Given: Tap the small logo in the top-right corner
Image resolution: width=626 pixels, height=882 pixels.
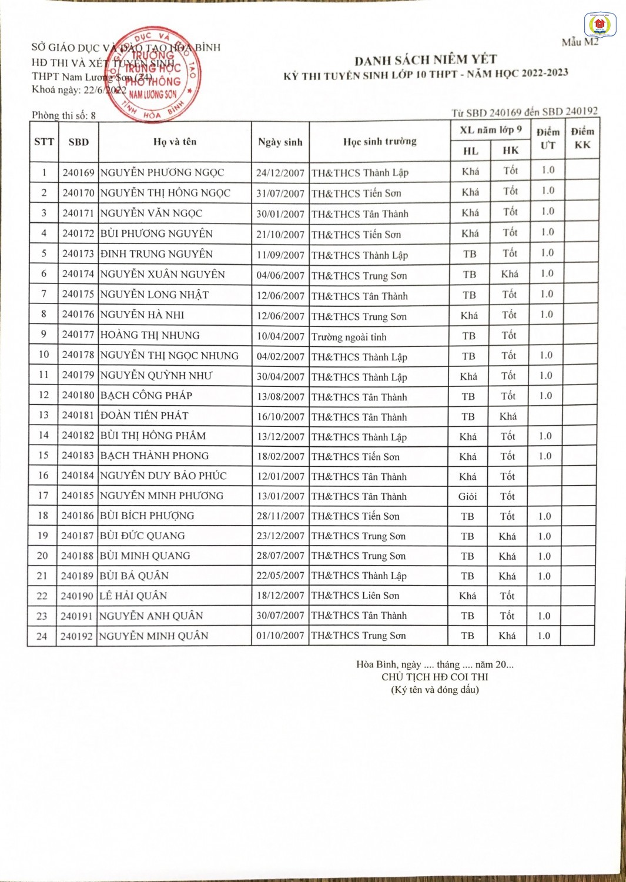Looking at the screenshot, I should tap(600, 25).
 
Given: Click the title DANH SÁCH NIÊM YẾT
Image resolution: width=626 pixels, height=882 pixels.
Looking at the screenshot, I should tap(426, 59).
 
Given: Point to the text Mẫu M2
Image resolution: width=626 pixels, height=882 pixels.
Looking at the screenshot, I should tap(580, 42).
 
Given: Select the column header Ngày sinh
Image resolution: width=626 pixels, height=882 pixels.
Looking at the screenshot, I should tap(280, 142).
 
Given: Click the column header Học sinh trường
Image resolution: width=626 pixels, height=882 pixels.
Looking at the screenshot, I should tap(380, 142).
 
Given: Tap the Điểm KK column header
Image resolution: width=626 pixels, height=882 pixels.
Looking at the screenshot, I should tap(582, 138).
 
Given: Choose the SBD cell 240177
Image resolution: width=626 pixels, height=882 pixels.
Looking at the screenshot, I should tap(78, 335).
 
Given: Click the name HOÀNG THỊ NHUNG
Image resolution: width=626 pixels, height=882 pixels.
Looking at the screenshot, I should tap(150, 335).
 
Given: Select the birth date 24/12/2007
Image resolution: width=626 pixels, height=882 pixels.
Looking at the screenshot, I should tap(280, 173).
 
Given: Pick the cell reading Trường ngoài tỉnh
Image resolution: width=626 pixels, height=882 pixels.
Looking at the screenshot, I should tap(349, 337).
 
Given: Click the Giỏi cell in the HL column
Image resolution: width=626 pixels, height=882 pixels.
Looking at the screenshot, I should tap(467, 496).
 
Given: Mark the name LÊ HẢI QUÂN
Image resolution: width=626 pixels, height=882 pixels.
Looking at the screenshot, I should tap(133, 596).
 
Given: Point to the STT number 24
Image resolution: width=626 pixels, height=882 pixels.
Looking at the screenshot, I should tap(42, 636).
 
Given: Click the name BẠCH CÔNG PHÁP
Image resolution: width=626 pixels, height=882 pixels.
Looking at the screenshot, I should tap(146, 395).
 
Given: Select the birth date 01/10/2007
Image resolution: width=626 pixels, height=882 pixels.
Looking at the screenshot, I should tap(280, 636).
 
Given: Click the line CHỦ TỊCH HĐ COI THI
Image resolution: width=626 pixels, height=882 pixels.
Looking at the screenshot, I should tap(434, 677).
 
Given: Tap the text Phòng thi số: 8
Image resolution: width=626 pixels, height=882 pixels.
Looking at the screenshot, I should tap(63, 115).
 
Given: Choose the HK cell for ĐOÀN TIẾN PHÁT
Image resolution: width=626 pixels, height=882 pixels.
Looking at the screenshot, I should tap(508, 416).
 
